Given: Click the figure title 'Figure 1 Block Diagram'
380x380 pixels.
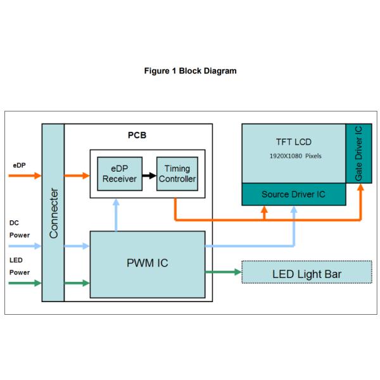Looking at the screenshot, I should pos(190,71).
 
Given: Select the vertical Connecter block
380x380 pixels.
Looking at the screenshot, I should pos(53,212).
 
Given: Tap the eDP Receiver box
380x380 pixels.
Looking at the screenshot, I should pos(115,173).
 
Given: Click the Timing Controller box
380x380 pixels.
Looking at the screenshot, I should pos(177,173).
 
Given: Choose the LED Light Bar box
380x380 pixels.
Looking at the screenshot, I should pos(307,274).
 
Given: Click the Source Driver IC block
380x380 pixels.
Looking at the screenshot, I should pos(294,194).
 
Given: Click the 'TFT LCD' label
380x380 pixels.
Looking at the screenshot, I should pos(293,142).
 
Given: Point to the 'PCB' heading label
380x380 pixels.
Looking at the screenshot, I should pos(137,135).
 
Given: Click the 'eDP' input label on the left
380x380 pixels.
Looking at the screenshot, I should pos(20,165).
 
